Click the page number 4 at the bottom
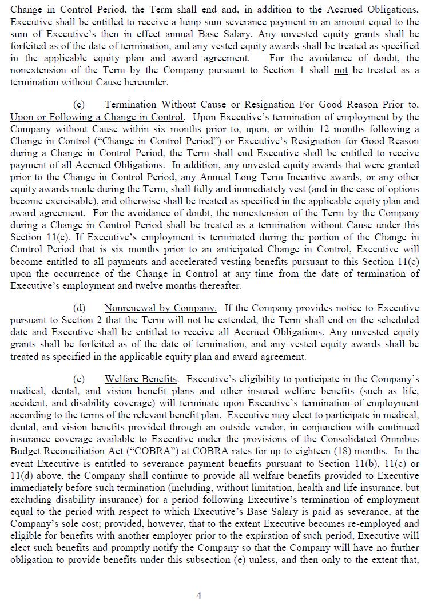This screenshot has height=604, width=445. pyautogui.click(x=199, y=595)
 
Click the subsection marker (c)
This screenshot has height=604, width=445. pyautogui.click(x=80, y=105)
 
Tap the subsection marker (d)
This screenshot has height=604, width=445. pyautogui.click(x=80, y=308)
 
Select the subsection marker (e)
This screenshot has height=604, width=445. pyautogui.click(x=80, y=379)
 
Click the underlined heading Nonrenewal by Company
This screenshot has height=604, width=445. pyautogui.click(x=160, y=308)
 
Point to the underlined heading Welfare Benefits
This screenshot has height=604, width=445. pyautogui.click(x=141, y=379)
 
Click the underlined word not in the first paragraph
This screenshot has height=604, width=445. pyautogui.click(x=341, y=70)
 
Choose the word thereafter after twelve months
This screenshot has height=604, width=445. pyautogui.click(x=221, y=285)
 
